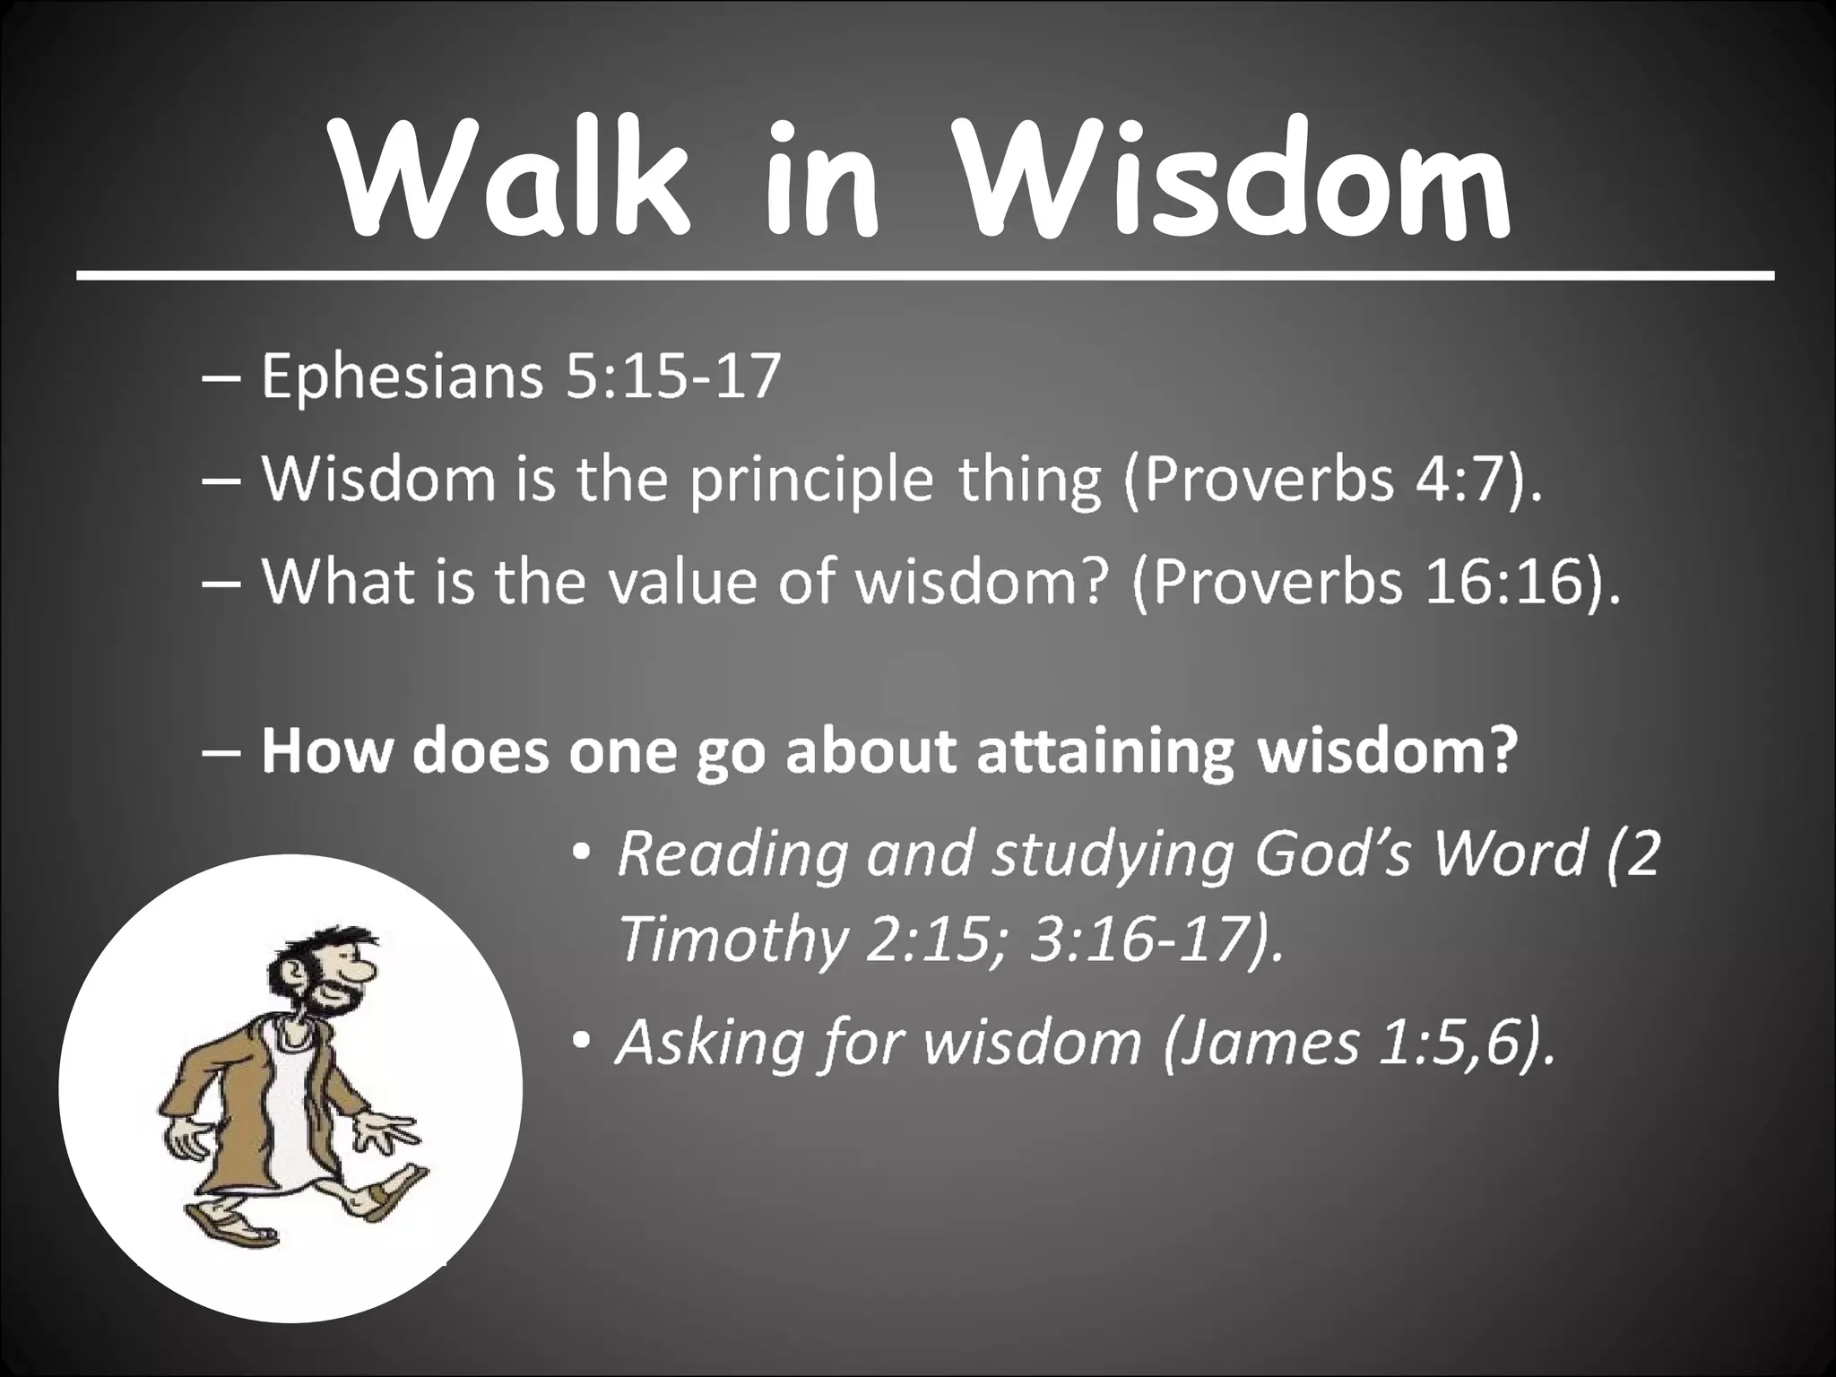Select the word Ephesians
click(402, 377)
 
